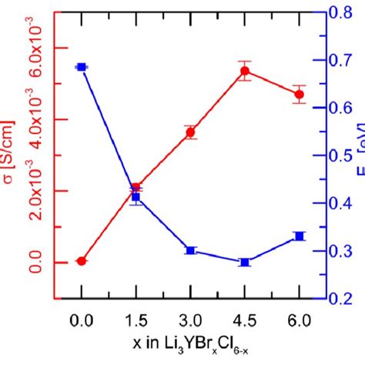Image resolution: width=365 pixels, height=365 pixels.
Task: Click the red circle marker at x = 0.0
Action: point(82,261)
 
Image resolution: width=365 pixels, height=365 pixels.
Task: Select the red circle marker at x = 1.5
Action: point(136,188)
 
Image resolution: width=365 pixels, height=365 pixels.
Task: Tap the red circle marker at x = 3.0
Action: point(190,132)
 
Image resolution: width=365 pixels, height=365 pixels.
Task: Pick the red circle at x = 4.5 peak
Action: point(245,72)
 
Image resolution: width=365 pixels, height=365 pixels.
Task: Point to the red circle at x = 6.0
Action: point(299,95)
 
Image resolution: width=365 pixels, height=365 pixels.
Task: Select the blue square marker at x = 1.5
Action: point(136,197)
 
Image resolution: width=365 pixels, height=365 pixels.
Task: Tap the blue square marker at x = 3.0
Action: point(190,250)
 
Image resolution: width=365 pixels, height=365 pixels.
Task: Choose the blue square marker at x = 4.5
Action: point(245,263)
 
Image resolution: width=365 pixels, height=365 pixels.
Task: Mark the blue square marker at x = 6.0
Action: point(299,236)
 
